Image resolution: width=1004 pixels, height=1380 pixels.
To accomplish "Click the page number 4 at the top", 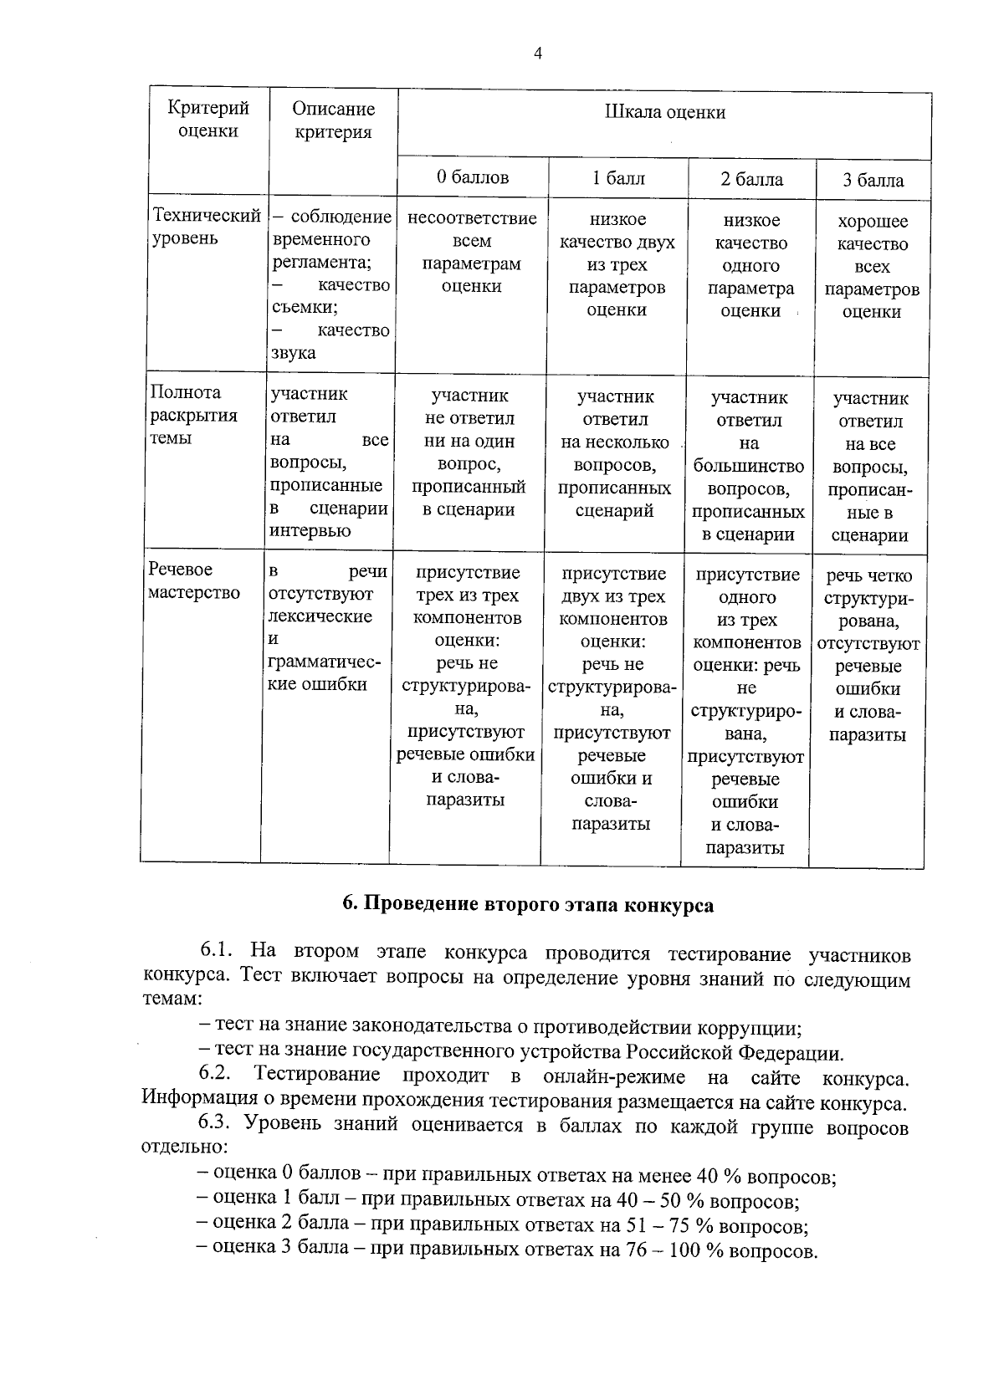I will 538,54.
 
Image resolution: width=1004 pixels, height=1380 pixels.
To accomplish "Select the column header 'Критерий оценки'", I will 208,120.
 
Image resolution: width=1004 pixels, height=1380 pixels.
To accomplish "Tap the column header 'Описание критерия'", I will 333,120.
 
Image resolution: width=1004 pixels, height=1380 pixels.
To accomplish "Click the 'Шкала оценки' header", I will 664,112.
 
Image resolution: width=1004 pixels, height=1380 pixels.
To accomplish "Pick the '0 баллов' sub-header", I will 472,177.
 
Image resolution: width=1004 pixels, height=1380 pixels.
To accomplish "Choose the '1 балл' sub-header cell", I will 618,178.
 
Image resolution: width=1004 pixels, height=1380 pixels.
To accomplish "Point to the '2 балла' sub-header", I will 751,180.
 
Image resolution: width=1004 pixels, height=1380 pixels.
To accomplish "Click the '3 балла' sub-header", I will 873,181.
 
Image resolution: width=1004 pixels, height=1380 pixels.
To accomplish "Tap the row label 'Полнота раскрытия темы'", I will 193,416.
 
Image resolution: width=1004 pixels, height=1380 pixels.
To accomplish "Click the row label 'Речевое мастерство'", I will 193,581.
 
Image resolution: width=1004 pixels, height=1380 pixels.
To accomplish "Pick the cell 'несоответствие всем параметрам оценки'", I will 471,253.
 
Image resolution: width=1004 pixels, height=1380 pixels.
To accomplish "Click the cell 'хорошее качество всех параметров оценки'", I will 872,267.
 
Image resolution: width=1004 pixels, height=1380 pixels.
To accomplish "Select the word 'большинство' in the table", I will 749,466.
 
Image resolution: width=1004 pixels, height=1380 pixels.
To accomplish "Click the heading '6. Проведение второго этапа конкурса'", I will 528,906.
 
